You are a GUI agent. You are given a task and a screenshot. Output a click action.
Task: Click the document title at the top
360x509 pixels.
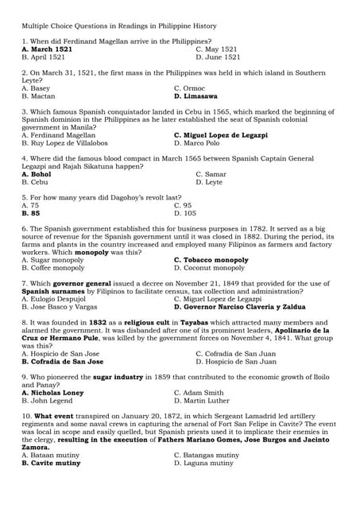(x=134, y=26)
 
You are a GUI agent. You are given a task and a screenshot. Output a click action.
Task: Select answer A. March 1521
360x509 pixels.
(x=47, y=49)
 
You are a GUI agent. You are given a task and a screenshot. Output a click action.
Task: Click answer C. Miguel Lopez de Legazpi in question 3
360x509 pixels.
(x=220, y=135)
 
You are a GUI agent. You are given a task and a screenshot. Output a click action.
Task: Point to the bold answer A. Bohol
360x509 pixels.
(x=37, y=174)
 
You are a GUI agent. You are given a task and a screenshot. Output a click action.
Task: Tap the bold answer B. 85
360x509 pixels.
(x=31, y=213)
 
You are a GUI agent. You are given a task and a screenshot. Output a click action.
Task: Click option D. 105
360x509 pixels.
(x=185, y=213)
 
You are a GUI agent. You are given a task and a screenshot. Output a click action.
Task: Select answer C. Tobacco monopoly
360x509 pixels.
(x=211, y=260)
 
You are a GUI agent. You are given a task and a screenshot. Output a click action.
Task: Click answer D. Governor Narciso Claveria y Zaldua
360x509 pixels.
(x=239, y=306)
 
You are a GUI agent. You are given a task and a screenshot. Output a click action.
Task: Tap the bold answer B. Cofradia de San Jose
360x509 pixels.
(x=63, y=361)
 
